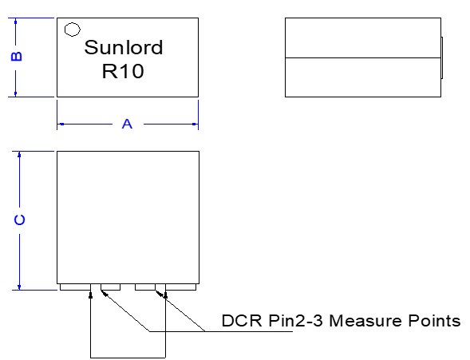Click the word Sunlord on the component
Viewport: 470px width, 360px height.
click(x=124, y=48)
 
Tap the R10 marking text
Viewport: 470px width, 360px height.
click(x=124, y=72)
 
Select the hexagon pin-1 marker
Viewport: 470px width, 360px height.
click(x=72, y=30)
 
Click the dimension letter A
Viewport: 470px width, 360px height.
click(x=126, y=124)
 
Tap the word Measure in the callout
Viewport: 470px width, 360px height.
click(x=363, y=322)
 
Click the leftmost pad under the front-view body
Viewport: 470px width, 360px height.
click(x=73, y=287)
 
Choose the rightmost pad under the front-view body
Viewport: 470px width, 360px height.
click(x=181, y=287)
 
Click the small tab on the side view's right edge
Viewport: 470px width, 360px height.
click(x=441, y=57)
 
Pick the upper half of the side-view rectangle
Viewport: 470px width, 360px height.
click(x=362, y=38)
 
